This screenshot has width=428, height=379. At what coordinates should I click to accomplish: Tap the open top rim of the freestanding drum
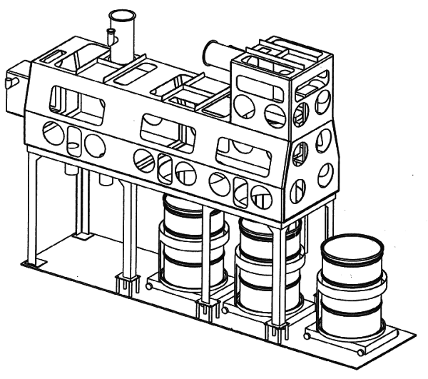(x=352, y=249)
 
